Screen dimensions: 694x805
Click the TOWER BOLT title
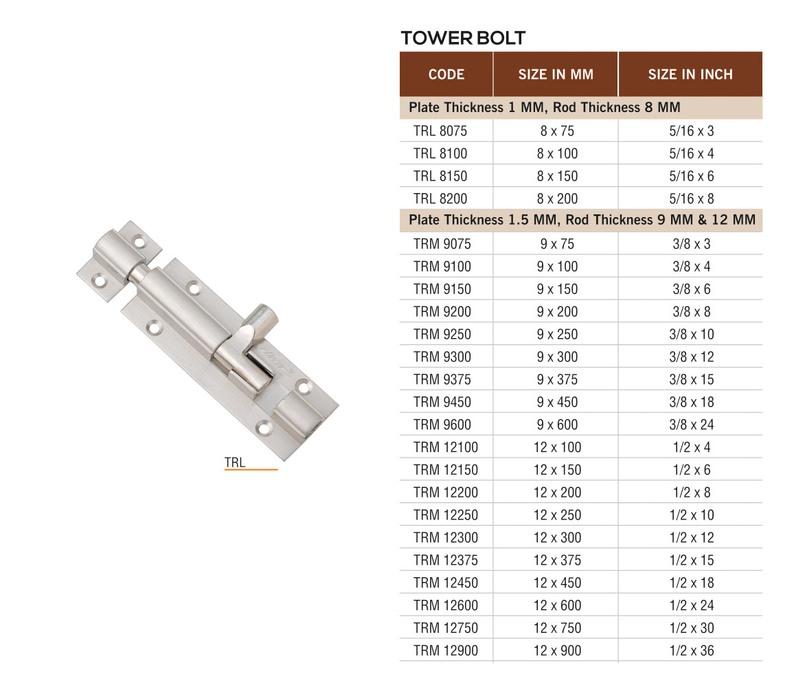click(x=463, y=38)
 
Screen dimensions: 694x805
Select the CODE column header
click(x=446, y=74)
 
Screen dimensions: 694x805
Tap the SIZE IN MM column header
click(x=556, y=74)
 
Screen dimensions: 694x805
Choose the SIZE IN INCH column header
click(x=690, y=74)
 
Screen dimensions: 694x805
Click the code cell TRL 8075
click(x=440, y=131)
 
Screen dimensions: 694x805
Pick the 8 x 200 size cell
click(x=557, y=199)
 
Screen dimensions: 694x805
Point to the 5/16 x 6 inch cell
click(x=691, y=176)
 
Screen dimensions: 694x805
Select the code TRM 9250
click(x=442, y=334)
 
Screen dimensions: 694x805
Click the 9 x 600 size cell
click(x=557, y=425)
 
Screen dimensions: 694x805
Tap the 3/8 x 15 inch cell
click(x=692, y=379)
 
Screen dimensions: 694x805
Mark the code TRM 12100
click(x=446, y=447)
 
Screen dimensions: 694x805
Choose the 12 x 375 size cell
click(x=557, y=560)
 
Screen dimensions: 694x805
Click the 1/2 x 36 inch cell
click(x=692, y=651)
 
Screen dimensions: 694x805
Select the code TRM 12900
click(x=446, y=651)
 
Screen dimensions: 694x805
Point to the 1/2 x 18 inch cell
click(x=692, y=583)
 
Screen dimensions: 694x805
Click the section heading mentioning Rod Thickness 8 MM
click(x=544, y=108)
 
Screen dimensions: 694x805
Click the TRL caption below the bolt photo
click(x=235, y=462)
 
